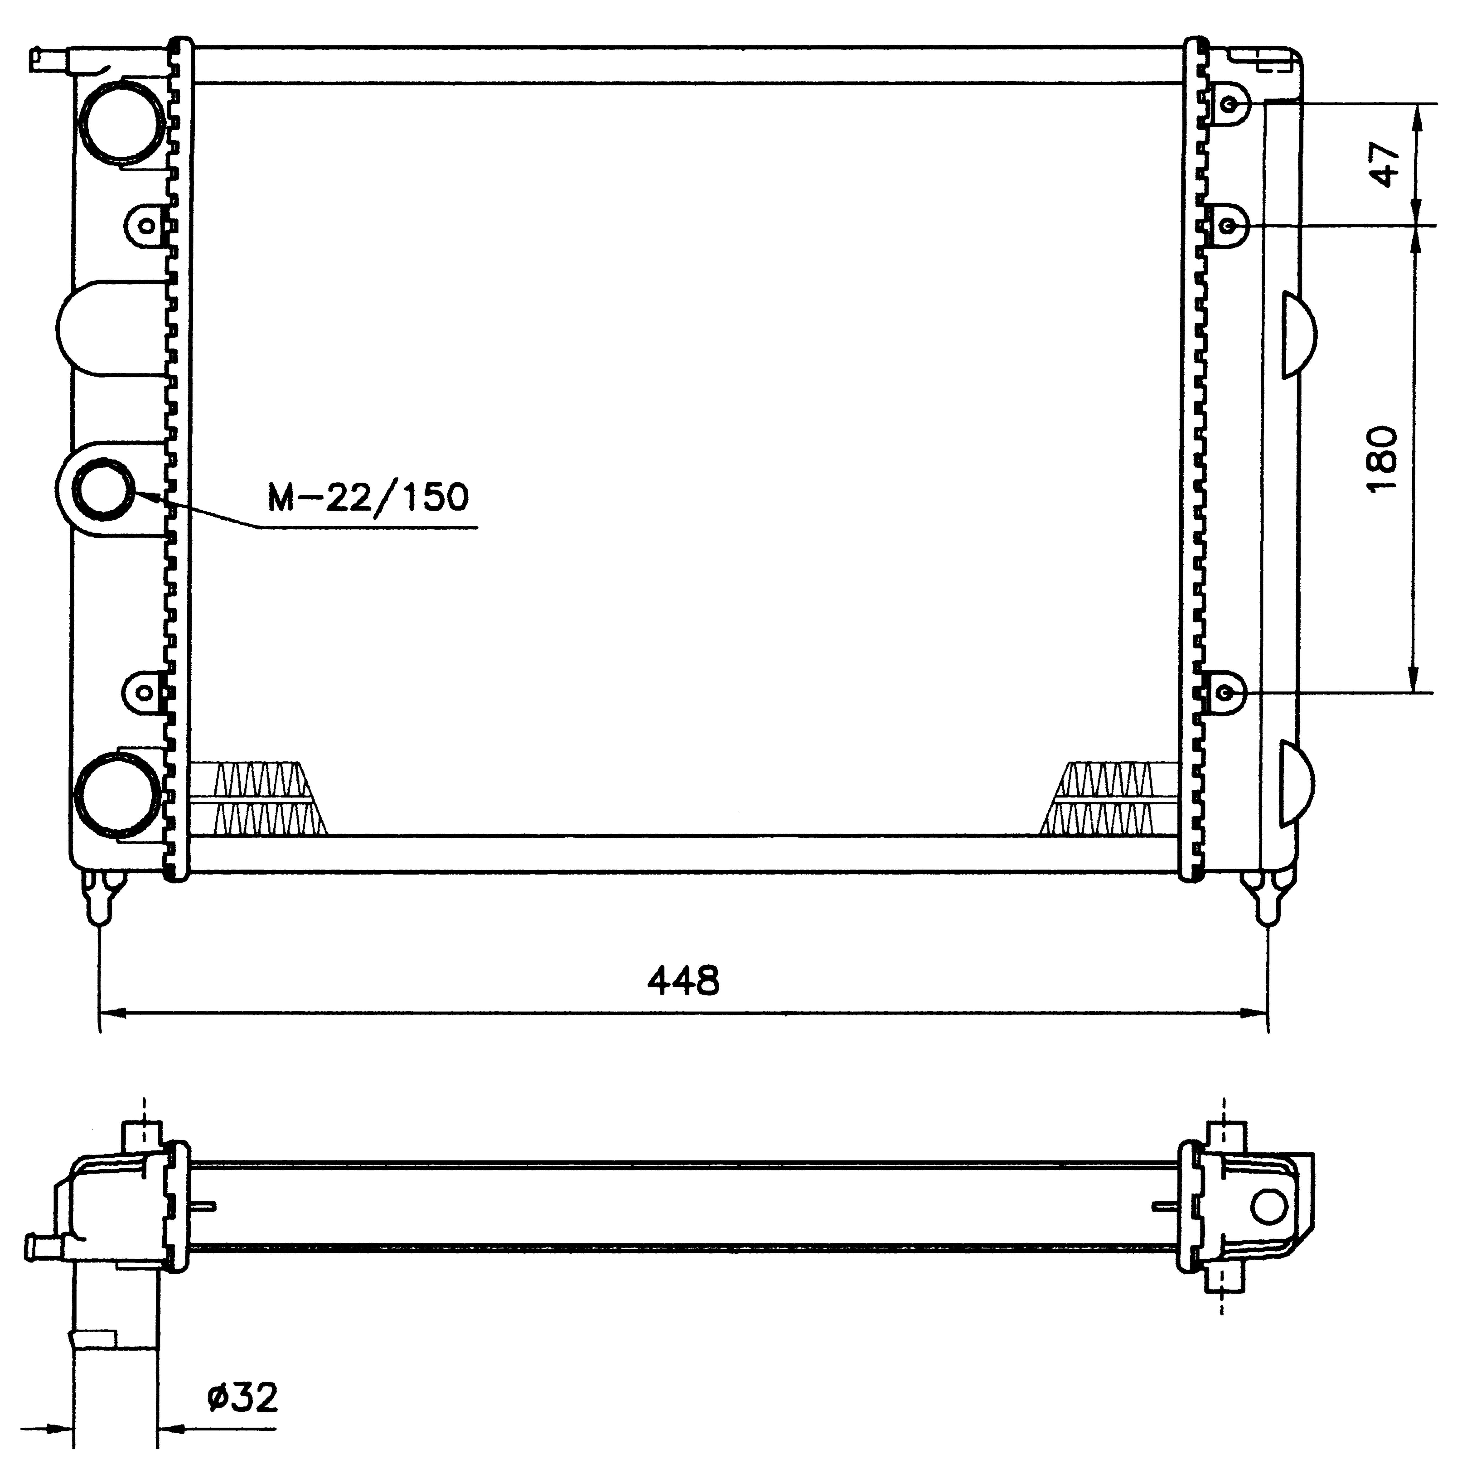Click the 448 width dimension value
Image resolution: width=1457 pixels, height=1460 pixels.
point(683,981)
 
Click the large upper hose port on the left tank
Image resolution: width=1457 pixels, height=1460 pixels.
point(121,122)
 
